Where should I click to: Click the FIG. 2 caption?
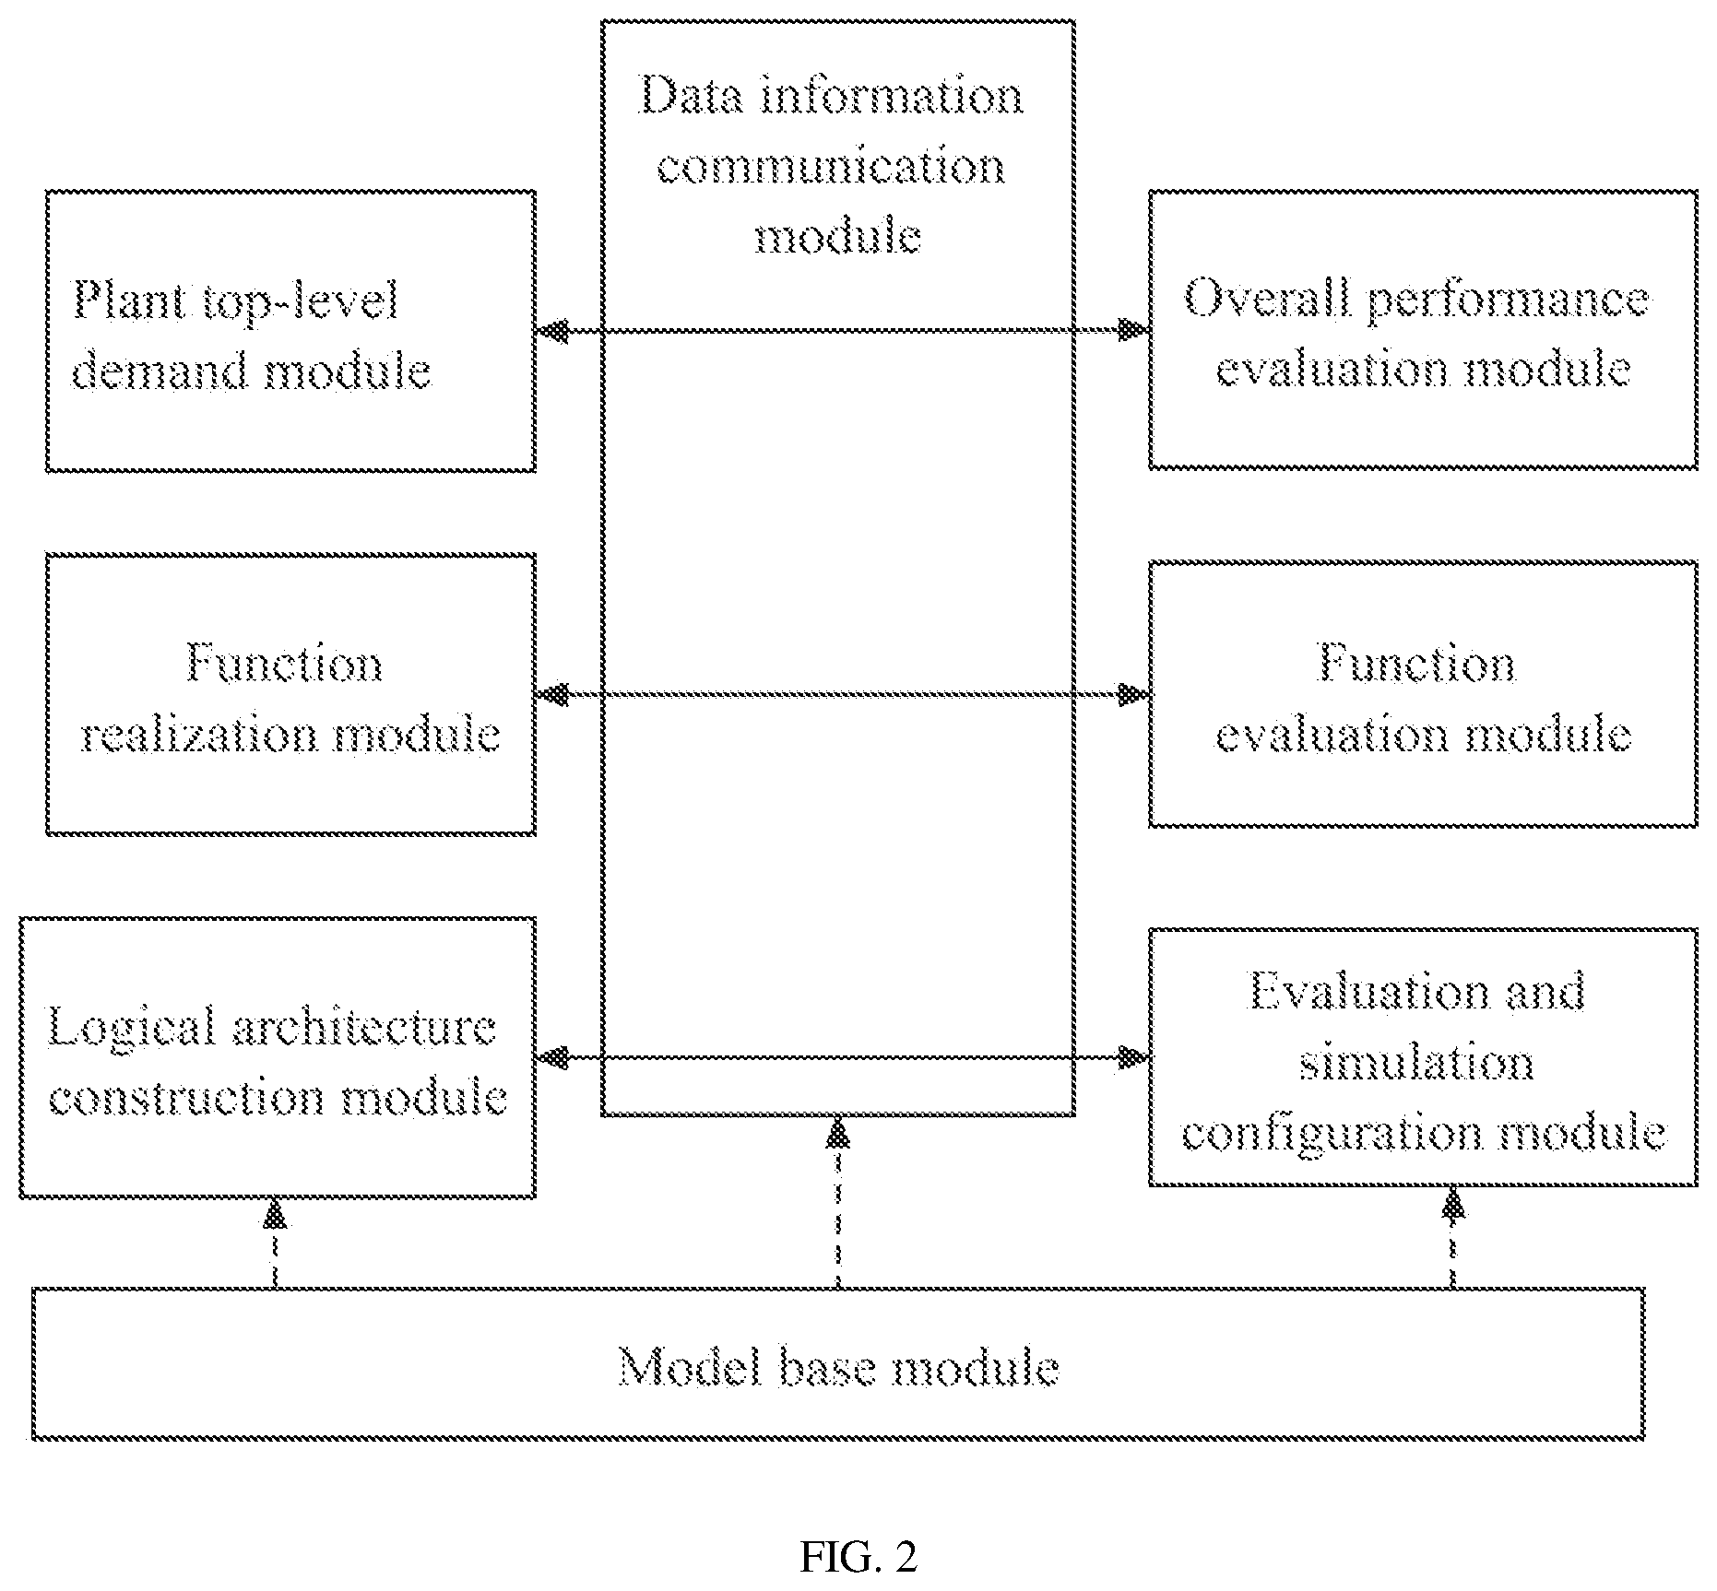pos(858,1557)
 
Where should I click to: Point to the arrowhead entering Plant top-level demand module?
pos(551,330)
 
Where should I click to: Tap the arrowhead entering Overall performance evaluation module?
pos(1133,330)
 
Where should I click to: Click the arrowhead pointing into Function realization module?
pos(551,694)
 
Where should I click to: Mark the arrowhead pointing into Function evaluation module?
pos(1133,694)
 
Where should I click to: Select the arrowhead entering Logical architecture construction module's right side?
pos(551,1057)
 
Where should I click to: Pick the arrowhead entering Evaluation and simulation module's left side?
pos(1133,1057)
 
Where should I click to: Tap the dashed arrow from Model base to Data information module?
pos(838,1202)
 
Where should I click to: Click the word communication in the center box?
pos(831,166)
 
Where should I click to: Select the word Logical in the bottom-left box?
pos(130,1028)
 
